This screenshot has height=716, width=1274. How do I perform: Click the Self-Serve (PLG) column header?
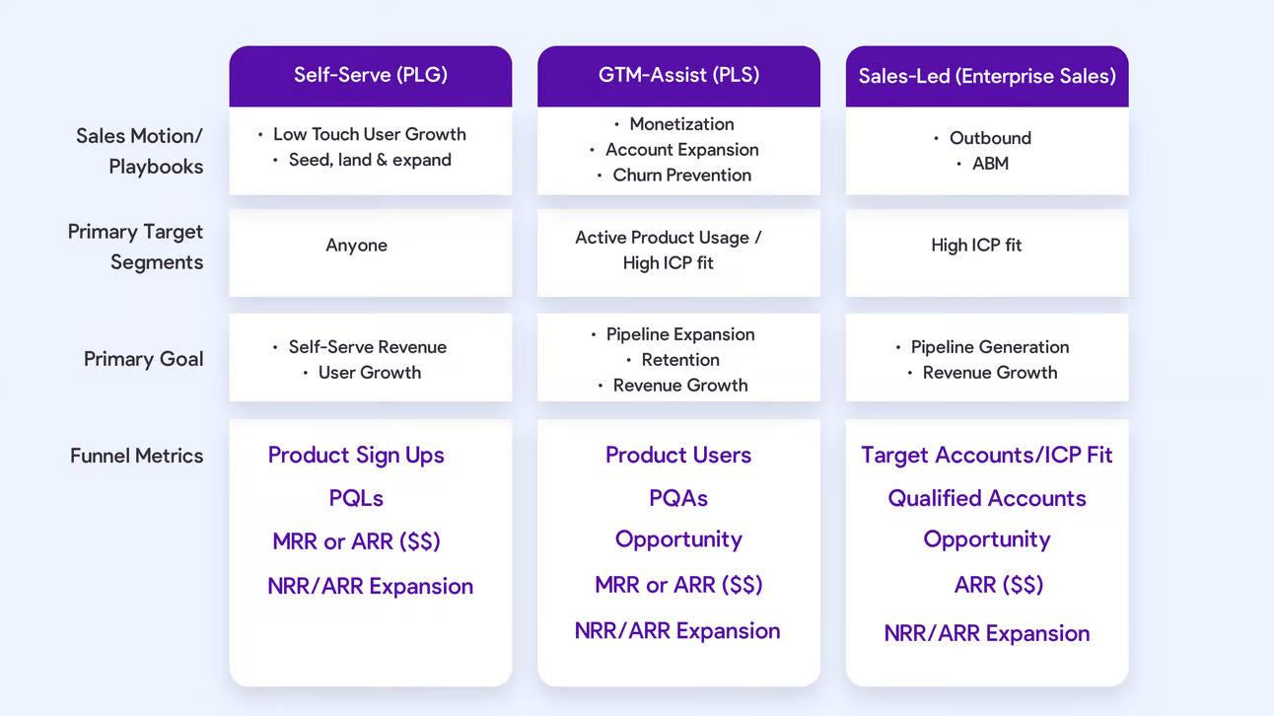click(x=370, y=75)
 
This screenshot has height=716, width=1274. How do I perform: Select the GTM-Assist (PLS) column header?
click(x=678, y=75)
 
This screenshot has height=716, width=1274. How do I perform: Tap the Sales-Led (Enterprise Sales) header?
click(x=987, y=76)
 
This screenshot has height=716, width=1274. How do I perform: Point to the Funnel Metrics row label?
click(x=136, y=456)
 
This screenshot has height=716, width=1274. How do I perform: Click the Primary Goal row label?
click(x=143, y=359)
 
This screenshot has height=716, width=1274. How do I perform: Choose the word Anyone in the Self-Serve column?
click(x=356, y=246)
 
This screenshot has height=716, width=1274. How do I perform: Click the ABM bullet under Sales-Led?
click(x=990, y=164)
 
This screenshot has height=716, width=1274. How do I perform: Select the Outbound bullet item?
click(x=990, y=138)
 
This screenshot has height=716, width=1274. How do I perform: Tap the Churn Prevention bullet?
click(x=681, y=176)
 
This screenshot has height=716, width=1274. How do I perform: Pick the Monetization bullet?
click(x=681, y=124)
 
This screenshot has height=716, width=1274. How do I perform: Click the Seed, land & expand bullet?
click(x=370, y=160)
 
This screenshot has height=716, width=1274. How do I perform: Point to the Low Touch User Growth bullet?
click(x=369, y=134)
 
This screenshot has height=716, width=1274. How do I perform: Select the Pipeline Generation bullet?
click(x=989, y=347)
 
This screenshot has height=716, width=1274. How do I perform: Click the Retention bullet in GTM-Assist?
click(x=680, y=360)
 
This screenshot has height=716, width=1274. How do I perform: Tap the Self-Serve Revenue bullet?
click(x=367, y=347)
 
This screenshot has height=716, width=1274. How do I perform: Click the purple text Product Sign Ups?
click(x=356, y=455)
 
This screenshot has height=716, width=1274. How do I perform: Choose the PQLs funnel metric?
click(x=356, y=498)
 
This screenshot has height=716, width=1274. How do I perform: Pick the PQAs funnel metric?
click(x=678, y=498)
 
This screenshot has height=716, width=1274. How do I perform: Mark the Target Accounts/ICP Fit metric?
click(x=986, y=455)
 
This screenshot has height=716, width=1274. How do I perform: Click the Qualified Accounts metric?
click(x=986, y=498)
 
